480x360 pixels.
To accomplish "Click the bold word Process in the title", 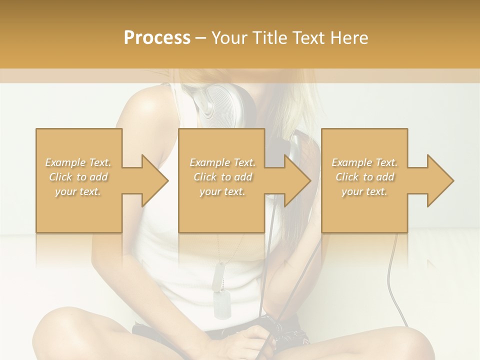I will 157,37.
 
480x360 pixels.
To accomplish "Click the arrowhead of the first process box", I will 154,180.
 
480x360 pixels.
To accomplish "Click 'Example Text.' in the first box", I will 78,162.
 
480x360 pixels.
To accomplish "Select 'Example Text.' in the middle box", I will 222,162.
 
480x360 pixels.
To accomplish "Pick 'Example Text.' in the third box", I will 364,162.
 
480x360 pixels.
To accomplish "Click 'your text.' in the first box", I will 78,191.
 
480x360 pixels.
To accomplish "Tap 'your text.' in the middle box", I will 222,191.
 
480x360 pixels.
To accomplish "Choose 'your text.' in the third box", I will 364,191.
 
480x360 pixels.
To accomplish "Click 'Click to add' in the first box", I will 78,177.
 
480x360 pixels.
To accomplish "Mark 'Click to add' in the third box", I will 364,177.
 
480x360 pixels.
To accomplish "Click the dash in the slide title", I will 201,38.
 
